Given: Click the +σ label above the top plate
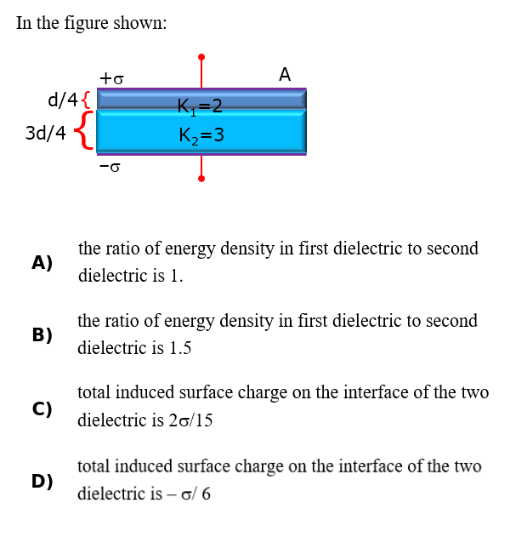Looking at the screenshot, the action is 111,79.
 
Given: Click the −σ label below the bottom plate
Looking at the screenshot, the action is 110,167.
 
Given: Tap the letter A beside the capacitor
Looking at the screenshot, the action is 285,74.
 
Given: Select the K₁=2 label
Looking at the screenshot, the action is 200,107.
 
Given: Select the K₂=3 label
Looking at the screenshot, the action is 201,135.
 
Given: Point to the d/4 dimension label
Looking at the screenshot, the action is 63,100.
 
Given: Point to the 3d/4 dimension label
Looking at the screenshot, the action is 46,133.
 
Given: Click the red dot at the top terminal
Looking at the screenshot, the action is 201,57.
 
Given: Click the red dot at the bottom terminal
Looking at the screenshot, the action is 201,179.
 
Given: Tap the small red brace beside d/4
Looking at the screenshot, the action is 87,100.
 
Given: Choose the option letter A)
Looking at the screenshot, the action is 42,263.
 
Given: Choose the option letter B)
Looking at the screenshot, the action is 42,335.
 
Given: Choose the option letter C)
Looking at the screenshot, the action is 42,408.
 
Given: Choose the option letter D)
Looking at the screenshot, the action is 42,481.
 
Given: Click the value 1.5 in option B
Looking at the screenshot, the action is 180,348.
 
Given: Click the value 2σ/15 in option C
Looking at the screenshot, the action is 190,420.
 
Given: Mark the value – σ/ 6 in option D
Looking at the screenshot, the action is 189,494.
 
